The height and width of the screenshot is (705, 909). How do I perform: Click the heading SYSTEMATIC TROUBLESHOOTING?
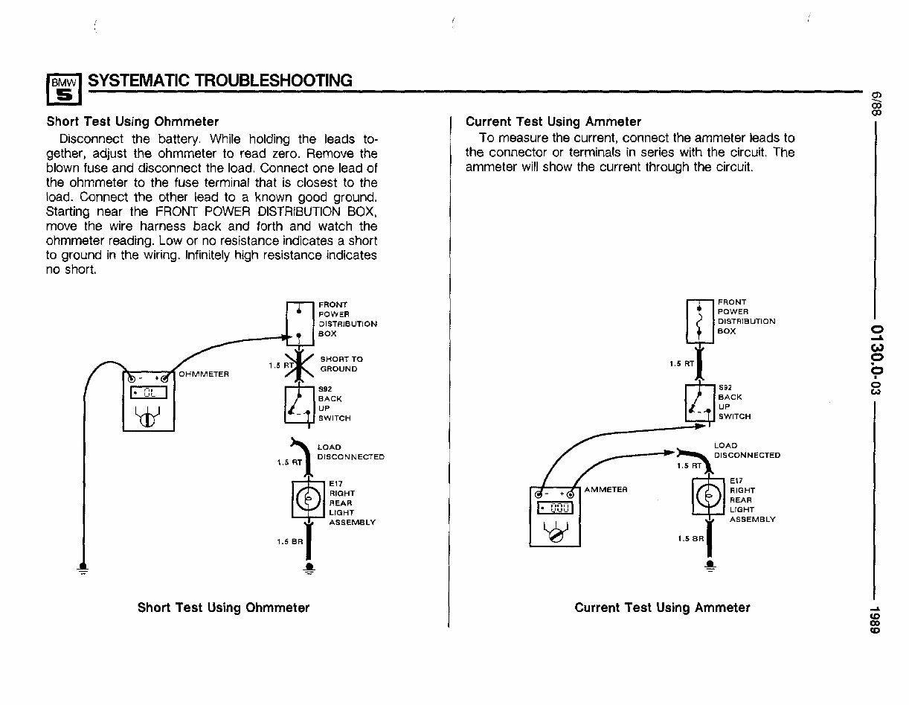(x=219, y=80)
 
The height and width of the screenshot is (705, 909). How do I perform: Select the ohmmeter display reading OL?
(x=148, y=394)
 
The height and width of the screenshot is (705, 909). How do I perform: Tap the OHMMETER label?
(x=203, y=373)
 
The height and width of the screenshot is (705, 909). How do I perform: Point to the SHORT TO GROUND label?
(x=341, y=363)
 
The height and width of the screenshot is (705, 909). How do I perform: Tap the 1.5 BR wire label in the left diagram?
(x=289, y=541)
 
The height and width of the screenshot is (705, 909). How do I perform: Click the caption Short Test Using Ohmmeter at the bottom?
(x=223, y=607)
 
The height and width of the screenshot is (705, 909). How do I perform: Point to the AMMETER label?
(x=606, y=489)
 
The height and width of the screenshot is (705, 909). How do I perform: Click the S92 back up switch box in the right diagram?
(x=699, y=403)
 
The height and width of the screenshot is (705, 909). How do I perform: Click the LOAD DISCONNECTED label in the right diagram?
(x=746, y=450)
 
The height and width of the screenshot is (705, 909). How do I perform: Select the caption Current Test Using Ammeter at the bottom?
(x=662, y=607)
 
